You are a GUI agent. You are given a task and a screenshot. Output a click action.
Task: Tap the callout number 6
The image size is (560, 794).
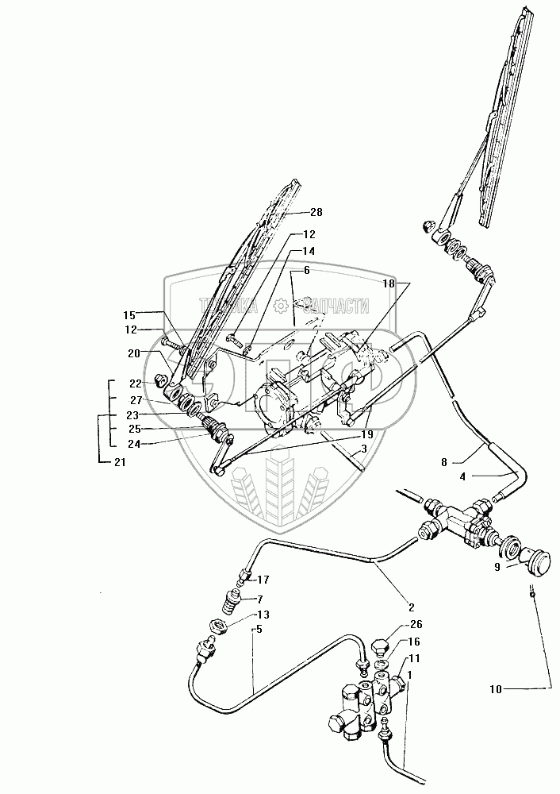pos(305,272)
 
